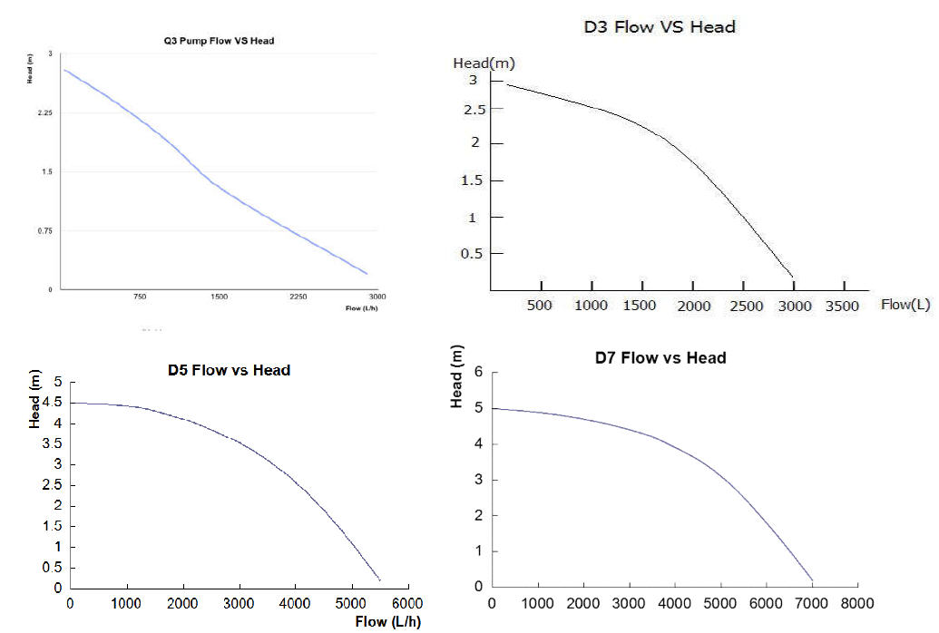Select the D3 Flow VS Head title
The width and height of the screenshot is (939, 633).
(x=659, y=26)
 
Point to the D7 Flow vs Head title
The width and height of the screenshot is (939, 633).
(x=660, y=357)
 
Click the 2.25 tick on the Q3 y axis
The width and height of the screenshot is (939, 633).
(x=44, y=113)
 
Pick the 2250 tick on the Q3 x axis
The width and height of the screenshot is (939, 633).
(x=298, y=297)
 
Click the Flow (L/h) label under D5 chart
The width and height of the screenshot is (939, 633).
(x=388, y=621)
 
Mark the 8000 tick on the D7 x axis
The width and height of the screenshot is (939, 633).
(x=857, y=602)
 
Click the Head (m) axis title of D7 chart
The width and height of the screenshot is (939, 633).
(x=458, y=376)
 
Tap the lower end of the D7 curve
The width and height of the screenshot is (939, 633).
(x=813, y=580)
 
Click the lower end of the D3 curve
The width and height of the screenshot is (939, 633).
(x=793, y=277)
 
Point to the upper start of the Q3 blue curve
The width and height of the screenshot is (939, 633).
(x=64, y=70)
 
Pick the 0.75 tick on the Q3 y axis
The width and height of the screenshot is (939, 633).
(x=44, y=231)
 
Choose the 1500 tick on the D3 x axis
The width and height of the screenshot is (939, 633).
(x=641, y=306)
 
